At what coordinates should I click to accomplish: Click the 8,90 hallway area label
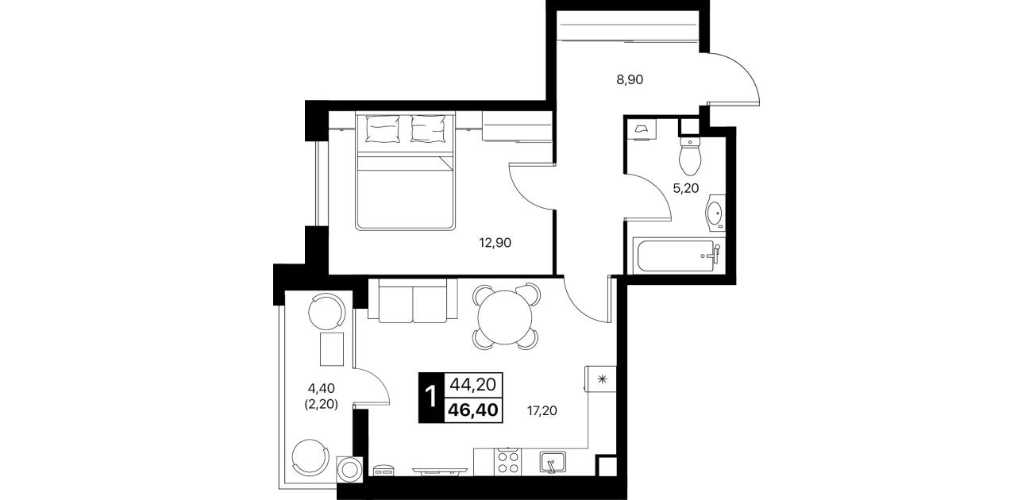[x=630, y=79]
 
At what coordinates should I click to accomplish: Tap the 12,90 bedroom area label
[x=495, y=242]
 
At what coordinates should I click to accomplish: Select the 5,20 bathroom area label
[x=686, y=188]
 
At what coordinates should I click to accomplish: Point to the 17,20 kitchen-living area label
[x=542, y=410]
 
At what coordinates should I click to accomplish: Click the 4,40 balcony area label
[x=322, y=388]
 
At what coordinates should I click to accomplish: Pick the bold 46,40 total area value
[x=473, y=410]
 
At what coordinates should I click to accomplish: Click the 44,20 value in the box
[x=472, y=384]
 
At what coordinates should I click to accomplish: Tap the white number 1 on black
[x=430, y=397]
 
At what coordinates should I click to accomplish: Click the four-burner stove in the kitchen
[x=507, y=462]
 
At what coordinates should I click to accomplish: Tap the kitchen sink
[x=553, y=462]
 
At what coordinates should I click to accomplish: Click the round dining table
[x=505, y=317]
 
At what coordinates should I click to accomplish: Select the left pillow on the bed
[x=382, y=129]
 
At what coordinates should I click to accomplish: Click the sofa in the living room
[x=413, y=300]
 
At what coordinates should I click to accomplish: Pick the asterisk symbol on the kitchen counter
[x=602, y=379]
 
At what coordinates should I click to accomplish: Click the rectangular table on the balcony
[x=332, y=349]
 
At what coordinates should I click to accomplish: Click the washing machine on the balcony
[x=349, y=470]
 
